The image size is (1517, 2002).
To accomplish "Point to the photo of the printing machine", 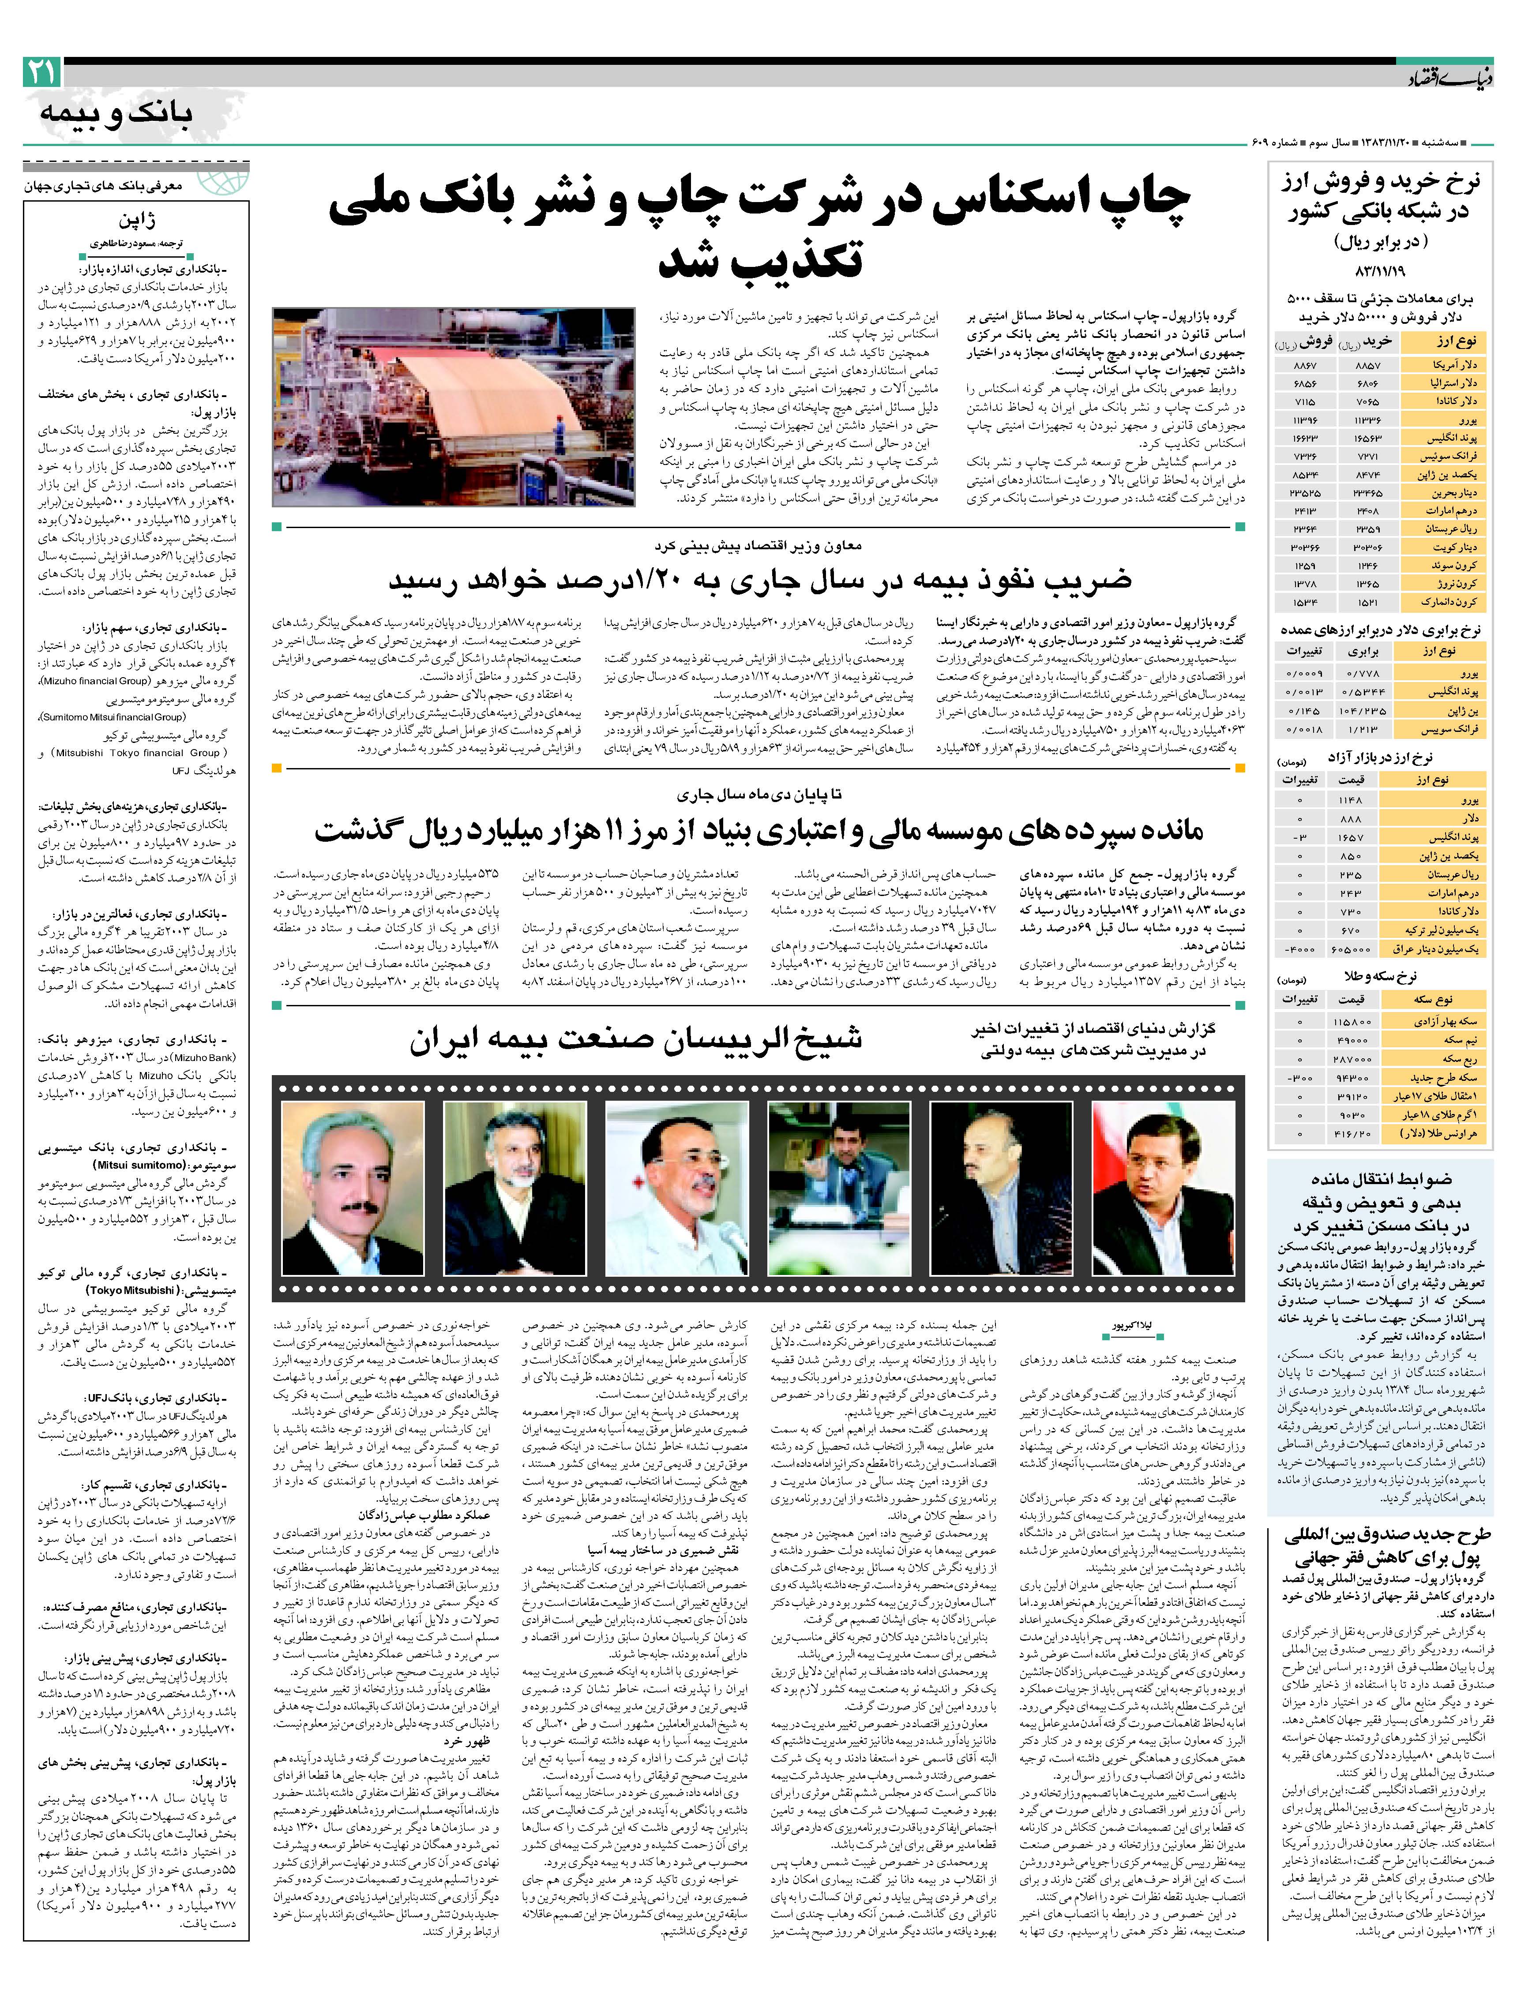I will pos(454,406).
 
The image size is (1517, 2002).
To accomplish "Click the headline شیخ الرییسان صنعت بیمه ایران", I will pos(634,1039).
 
